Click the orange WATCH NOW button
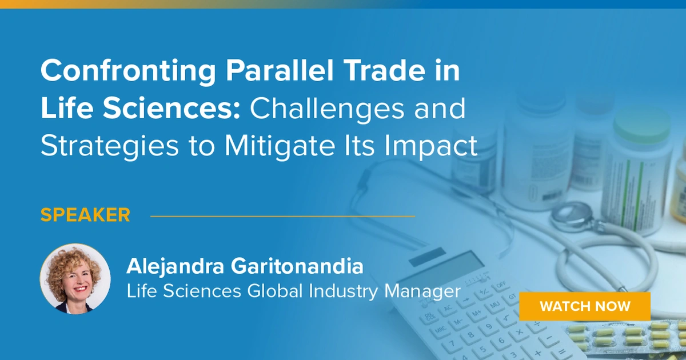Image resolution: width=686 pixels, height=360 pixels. pyautogui.click(x=585, y=306)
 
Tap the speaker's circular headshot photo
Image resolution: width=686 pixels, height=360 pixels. pyautogui.click(x=75, y=279)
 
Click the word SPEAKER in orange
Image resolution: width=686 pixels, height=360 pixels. pyautogui.click(x=85, y=215)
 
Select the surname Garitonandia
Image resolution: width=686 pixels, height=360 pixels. pyautogui.click(x=297, y=266)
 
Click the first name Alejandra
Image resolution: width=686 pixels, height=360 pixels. pyautogui.click(x=175, y=267)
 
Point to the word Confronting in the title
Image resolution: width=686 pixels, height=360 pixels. pyautogui.click(x=128, y=71)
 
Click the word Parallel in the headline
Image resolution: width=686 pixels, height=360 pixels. pyautogui.click(x=280, y=70)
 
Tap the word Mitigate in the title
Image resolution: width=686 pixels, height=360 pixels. pyautogui.click(x=280, y=145)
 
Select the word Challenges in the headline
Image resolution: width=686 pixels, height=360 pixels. pyautogui.click(x=327, y=109)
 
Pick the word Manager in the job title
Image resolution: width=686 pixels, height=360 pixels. pyautogui.click(x=422, y=291)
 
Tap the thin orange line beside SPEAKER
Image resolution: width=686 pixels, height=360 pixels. pyautogui.click(x=282, y=216)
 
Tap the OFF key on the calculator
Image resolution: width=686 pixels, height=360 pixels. pyautogui.click(x=501, y=285)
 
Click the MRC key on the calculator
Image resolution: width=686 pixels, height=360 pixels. pyautogui.click(x=440, y=330)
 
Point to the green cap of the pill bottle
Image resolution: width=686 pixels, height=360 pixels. pyautogui.click(x=642, y=122)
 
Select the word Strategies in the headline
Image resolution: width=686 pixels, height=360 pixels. pyautogui.click(x=109, y=146)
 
